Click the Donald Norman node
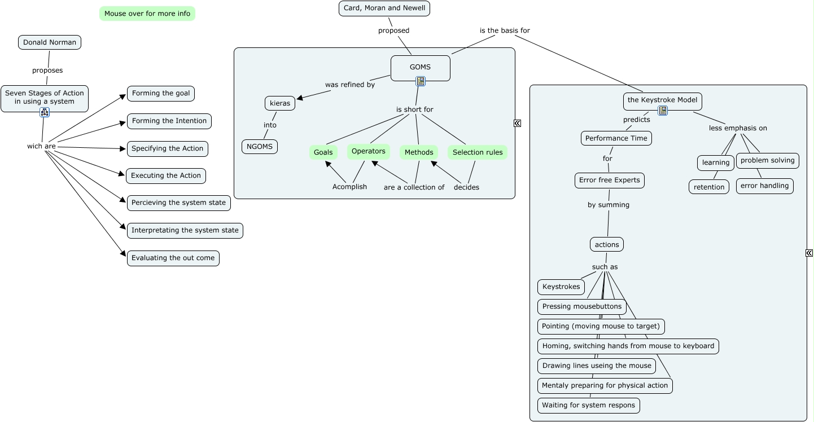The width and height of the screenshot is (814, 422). pos(50,42)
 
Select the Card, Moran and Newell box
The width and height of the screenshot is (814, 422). pos(384,8)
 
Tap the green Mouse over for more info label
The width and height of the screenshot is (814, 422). pos(147,14)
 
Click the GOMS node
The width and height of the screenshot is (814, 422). pos(420,67)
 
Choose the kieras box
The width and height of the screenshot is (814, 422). pos(280,104)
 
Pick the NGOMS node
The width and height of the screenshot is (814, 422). pos(260,147)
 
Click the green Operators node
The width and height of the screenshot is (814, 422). pos(369,151)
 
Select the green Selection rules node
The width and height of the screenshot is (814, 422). pos(478,152)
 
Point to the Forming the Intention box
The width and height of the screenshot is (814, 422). pos(169,121)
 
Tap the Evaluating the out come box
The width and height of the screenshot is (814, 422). pos(173,258)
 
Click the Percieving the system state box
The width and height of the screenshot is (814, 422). pos(178,203)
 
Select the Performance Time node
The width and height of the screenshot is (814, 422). pos(616,138)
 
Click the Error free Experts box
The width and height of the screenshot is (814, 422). pos(610,181)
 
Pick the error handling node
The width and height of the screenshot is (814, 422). pos(765,186)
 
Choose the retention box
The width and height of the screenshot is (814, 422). pos(709,187)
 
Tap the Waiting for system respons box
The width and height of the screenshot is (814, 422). pos(589,405)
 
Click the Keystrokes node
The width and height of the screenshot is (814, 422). pos(561,287)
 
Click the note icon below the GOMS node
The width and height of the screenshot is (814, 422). pos(421,81)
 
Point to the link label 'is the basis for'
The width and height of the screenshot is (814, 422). pos(505,30)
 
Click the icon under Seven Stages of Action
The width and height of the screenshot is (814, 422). pos(45,112)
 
